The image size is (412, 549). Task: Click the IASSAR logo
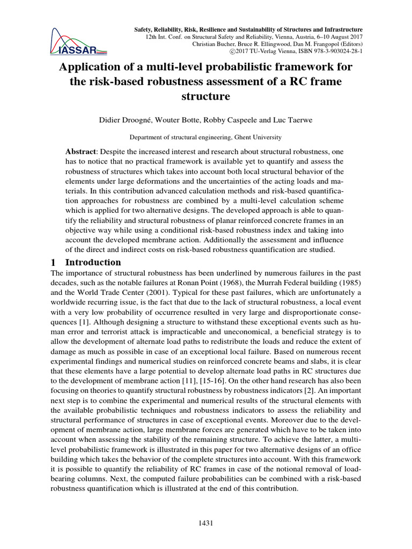point(77,40)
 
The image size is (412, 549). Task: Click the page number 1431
point(206,523)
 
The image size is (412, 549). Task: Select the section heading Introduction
point(93,263)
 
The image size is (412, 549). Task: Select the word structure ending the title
point(206,97)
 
